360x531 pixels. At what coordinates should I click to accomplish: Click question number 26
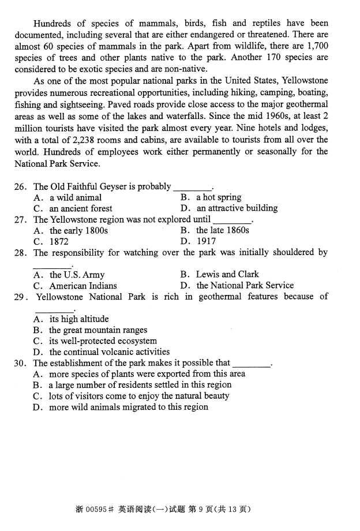pyautogui.click(x=21, y=186)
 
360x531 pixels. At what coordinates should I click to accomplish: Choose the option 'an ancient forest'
pyautogui.click(x=80, y=208)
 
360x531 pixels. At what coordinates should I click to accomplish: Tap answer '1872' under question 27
pyautogui.click(x=59, y=241)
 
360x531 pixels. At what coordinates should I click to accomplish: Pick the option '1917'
pyautogui.click(x=206, y=241)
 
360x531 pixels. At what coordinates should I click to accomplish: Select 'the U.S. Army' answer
pyautogui.click(x=77, y=275)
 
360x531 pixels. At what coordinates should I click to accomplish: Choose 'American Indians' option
pyautogui.click(x=82, y=286)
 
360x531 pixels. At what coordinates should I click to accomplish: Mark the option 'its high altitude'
pyautogui.click(x=78, y=319)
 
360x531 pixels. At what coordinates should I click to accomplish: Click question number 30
pyautogui.click(x=21, y=363)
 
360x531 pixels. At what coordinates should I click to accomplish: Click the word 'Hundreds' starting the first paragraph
pyautogui.click(x=51, y=24)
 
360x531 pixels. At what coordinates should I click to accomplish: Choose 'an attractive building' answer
pyautogui.click(x=237, y=208)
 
